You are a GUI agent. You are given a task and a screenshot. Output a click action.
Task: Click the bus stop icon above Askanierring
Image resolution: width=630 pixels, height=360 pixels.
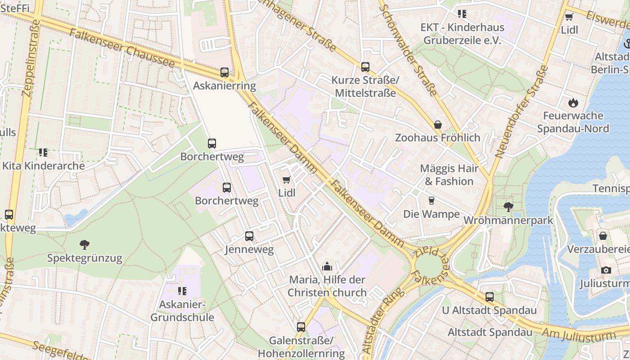tap(224, 72)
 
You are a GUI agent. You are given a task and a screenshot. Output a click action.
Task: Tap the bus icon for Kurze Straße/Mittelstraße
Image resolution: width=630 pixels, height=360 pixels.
tap(365, 67)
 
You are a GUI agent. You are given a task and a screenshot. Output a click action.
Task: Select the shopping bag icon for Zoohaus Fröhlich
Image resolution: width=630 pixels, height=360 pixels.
tap(437, 125)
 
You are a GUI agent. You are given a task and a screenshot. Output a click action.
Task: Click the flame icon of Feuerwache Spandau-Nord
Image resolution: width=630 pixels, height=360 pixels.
tap(573, 103)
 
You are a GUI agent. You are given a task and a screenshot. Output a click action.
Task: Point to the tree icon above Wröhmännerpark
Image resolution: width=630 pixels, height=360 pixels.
tap(508, 207)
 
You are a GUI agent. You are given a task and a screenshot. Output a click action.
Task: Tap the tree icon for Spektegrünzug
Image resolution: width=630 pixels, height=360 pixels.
tap(84, 245)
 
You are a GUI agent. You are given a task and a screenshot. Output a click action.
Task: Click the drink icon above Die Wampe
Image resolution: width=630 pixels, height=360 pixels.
tap(431, 201)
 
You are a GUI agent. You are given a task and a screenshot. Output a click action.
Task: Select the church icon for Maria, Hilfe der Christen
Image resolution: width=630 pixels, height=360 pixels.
tap(327, 266)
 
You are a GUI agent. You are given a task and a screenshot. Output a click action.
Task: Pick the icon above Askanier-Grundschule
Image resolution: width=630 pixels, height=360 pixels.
tap(182, 291)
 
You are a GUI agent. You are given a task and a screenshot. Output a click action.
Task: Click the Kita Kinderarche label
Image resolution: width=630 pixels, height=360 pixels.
tap(44, 166)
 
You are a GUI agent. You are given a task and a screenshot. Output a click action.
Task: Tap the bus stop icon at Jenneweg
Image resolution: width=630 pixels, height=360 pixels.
tap(249, 236)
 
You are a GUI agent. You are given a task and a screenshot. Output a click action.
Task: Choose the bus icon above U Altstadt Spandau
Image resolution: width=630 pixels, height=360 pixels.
tap(489, 297)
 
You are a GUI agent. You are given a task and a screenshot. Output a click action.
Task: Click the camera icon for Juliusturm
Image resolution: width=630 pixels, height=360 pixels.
tap(606, 270)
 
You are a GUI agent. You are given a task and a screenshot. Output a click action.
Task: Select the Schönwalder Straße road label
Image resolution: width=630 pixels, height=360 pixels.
tap(409, 47)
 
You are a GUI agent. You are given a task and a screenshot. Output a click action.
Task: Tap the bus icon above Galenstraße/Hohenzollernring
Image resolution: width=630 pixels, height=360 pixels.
tap(301, 327)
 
